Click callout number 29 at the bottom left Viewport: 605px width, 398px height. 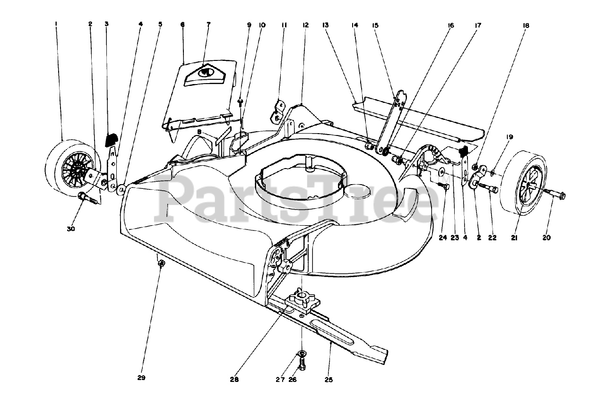141,378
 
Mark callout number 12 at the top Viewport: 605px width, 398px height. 306,25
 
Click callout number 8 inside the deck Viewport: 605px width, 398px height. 200,133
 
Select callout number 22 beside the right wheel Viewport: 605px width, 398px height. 493,238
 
